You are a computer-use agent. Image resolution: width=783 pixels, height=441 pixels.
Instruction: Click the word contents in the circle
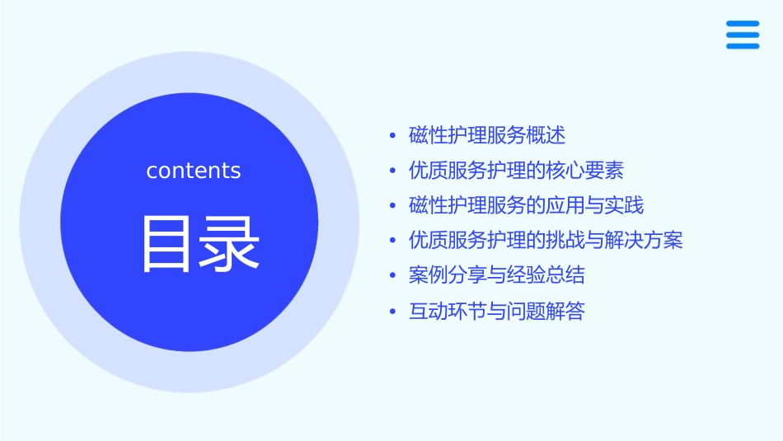[194, 171]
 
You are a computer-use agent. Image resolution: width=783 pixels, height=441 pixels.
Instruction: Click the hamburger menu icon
[742, 35]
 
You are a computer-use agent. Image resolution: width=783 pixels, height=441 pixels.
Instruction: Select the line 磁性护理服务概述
[487, 135]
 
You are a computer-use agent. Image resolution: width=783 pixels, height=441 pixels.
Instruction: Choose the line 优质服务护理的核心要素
[516, 171]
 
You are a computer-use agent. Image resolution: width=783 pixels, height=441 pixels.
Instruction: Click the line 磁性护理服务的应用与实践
[526, 205]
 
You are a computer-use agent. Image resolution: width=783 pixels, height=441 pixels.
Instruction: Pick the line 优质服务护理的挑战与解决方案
[546, 241]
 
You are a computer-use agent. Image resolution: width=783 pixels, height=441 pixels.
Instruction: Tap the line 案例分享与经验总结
[497, 275]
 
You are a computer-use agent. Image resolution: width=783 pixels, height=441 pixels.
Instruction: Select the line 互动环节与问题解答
[496, 312]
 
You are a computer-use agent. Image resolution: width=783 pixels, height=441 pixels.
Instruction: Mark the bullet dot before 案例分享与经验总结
[392, 276]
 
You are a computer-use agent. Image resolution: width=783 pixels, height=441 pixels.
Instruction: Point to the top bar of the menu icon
[742, 24]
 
